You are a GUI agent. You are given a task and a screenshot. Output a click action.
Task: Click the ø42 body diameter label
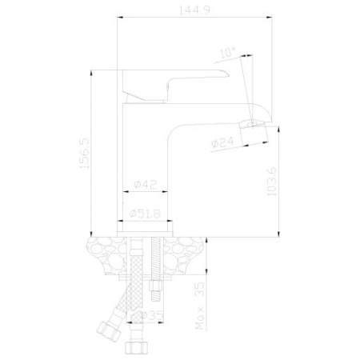tap(144, 185)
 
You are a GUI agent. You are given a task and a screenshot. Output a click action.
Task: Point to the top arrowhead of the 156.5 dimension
tap(94, 72)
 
